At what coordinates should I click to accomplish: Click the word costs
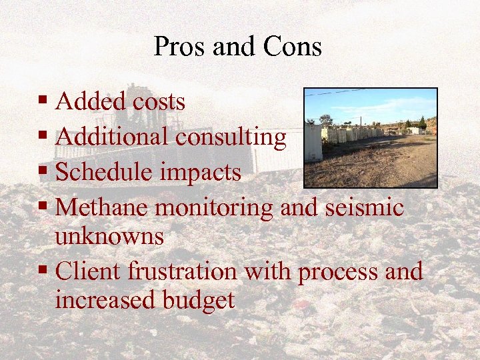(x=158, y=102)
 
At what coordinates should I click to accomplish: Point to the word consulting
(x=231, y=137)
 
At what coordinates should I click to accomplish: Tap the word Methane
(x=103, y=207)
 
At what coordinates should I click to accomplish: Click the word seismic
(x=365, y=207)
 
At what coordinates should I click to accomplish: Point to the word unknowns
(x=109, y=236)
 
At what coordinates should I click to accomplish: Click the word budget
(x=198, y=300)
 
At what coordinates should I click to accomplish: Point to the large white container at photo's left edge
(x=313, y=142)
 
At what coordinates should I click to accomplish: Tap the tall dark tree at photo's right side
(x=422, y=123)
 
